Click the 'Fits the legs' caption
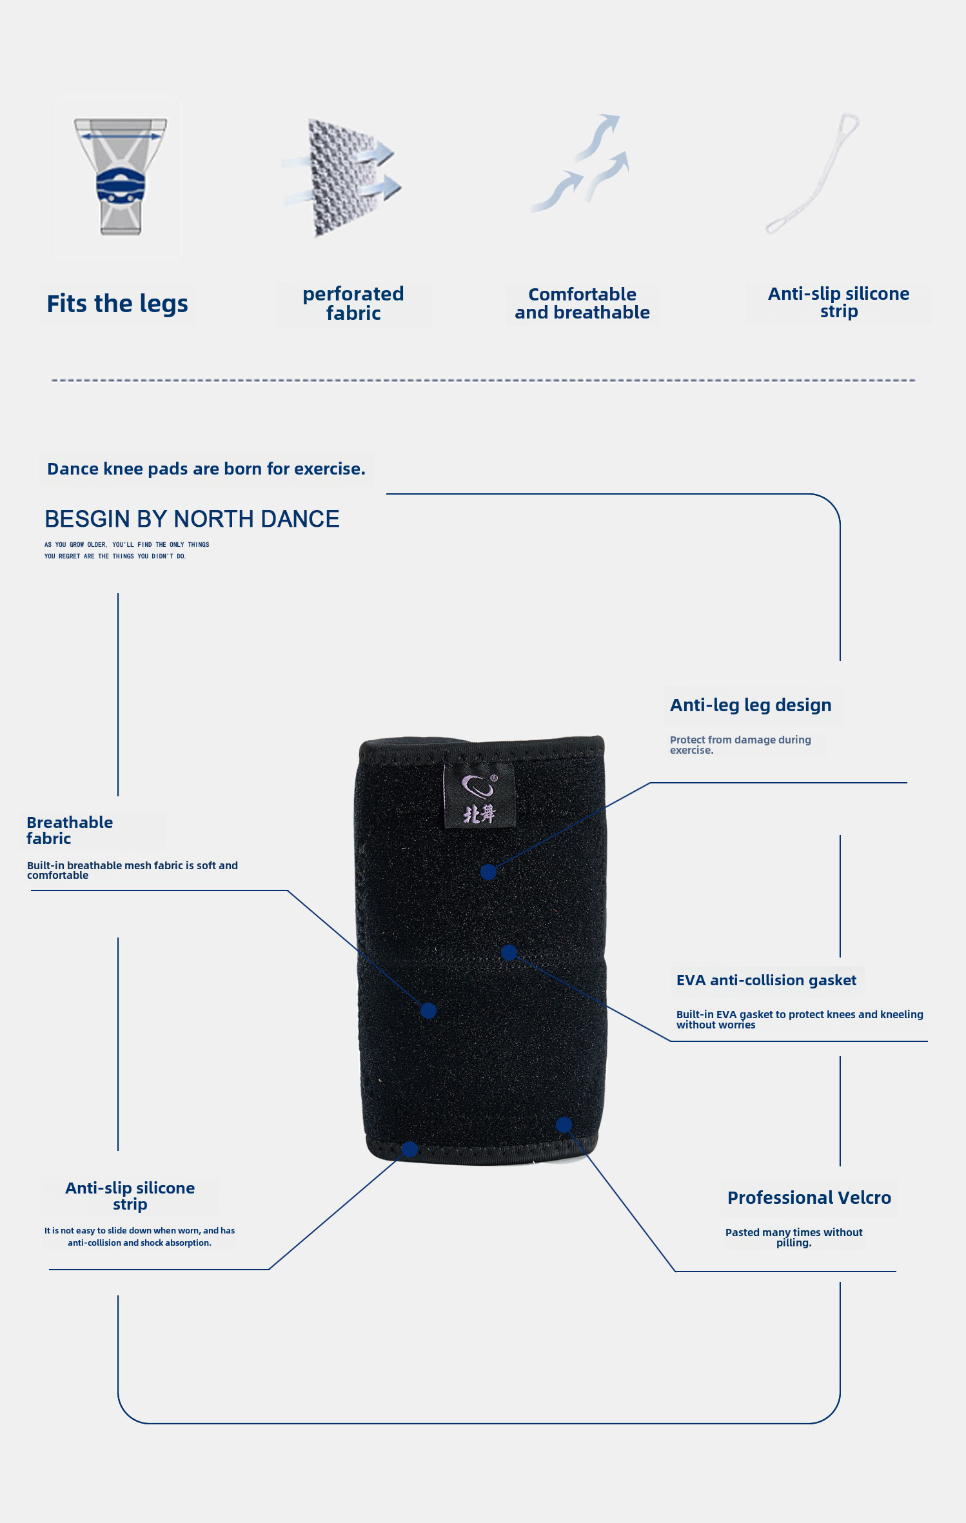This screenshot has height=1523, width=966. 117,304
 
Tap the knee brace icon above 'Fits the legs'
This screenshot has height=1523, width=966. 120,177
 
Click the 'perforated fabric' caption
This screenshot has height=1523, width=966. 353,304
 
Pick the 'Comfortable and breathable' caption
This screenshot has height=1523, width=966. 582,304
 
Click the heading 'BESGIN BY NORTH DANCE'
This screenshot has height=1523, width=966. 192,519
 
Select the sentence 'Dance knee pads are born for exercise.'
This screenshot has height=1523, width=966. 206,469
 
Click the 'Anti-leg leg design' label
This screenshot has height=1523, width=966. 751,705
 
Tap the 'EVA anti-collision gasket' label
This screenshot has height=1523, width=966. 766,981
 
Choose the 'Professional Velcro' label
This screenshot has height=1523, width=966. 809,1198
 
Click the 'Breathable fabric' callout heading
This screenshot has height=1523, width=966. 70,830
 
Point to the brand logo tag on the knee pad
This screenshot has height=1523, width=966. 479,796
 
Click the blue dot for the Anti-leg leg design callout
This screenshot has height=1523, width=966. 489,872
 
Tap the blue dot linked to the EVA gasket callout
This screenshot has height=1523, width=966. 509,952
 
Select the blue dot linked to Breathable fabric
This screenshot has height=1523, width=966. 428,1010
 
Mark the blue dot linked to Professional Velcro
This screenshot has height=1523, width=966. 564,1125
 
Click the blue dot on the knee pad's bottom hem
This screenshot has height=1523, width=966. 409,1149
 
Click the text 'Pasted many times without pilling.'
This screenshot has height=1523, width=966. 794,1237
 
